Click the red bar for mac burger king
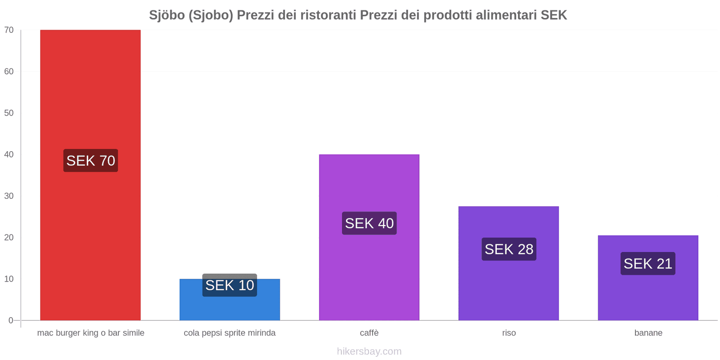[x=90, y=90]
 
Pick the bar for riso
[x=508, y=288]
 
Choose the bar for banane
[x=648, y=297]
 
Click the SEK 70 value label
[x=90, y=161]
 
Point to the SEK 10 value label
[x=229, y=285]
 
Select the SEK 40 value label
[x=369, y=223]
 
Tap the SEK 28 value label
[x=508, y=249]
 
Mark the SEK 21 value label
[x=648, y=264]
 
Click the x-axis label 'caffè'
[x=369, y=333]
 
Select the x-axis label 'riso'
[x=509, y=333]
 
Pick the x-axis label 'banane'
[x=648, y=333]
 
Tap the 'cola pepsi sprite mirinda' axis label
[x=229, y=333]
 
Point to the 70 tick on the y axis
[x=9, y=30]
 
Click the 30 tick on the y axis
[x=9, y=196]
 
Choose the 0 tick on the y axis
[x=11, y=320]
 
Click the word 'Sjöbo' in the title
[x=167, y=15]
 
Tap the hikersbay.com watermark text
[x=369, y=351]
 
